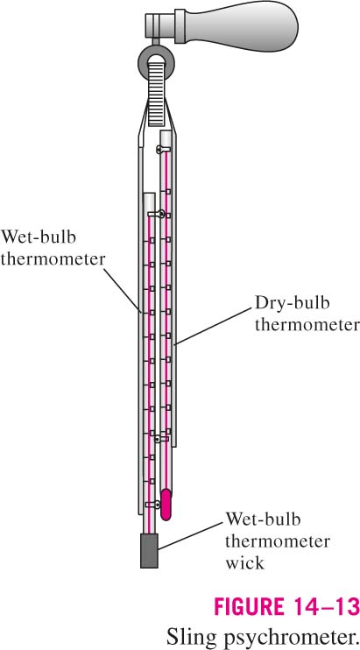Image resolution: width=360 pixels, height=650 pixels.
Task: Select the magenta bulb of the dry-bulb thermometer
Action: (x=166, y=505)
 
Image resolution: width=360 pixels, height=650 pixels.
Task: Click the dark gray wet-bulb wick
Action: (x=149, y=550)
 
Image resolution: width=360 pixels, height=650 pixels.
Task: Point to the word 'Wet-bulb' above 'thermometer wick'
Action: (x=263, y=519)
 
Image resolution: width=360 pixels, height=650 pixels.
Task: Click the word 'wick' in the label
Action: (x=244, y=562)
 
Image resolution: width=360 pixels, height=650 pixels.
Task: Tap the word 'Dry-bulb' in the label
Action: (x=292, y=303)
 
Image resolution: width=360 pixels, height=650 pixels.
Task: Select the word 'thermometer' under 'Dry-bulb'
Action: (x=307, y=325)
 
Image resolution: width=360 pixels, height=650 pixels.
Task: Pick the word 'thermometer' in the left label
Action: (x=53, y=259)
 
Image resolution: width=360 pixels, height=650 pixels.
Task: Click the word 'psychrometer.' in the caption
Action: (x=285, y=634)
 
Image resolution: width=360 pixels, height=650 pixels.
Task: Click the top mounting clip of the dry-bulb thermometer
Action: (x=162, y=149)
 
